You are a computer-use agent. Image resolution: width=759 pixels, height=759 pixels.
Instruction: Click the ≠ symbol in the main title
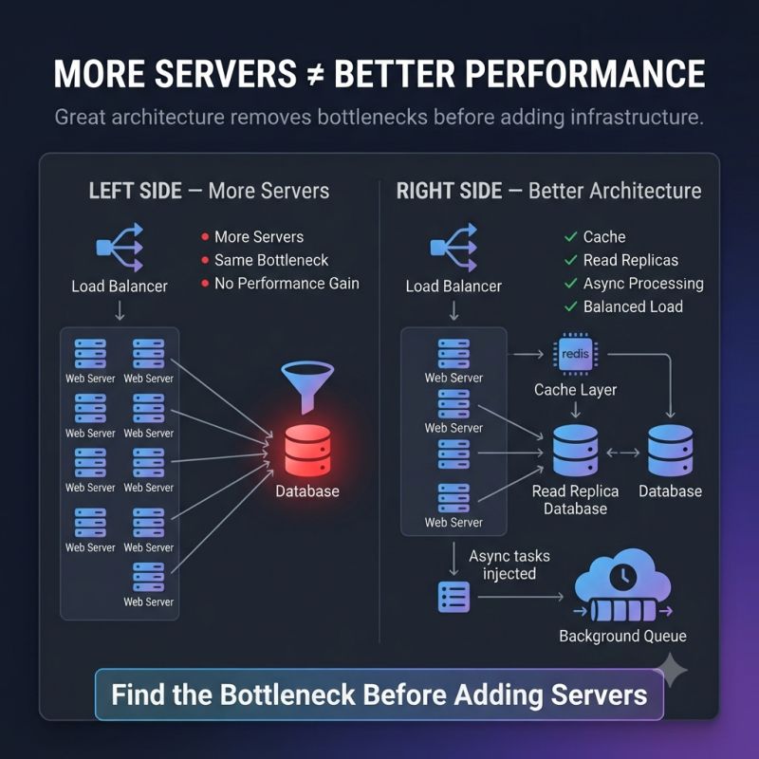pos(315,75)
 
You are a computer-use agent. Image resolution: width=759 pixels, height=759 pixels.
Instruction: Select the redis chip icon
pos(575,354)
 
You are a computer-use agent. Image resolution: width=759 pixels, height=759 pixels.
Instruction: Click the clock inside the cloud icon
pos(623,577)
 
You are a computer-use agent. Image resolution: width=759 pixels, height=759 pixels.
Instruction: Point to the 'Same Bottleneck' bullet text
pos(271,260)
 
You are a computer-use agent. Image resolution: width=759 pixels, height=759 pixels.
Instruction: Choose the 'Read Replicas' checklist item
pos(630,260)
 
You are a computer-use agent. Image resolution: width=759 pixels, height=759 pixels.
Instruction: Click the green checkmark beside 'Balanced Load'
pos(571,306)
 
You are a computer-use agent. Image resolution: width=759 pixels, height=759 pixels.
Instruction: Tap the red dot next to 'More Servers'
pos(205,236)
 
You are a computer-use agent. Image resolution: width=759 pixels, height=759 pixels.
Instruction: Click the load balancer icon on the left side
pos(120,248)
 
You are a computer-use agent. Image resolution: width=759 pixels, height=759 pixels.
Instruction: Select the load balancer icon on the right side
pos(454,248)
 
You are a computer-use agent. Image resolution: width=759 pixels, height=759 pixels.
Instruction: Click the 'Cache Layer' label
pos(575,390)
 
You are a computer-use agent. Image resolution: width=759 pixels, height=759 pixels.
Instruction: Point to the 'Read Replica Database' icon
pos(575,451)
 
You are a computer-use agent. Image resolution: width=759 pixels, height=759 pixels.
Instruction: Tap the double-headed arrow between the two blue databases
pos(623,454)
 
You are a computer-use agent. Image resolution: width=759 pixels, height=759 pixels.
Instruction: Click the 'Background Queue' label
pos(622,636)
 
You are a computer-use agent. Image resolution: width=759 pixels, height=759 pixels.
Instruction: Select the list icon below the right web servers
pos(454,598)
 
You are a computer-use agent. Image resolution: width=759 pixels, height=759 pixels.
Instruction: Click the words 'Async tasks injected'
pos(509,565)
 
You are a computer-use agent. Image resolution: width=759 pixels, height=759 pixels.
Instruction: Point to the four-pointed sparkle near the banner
pos(671,670)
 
